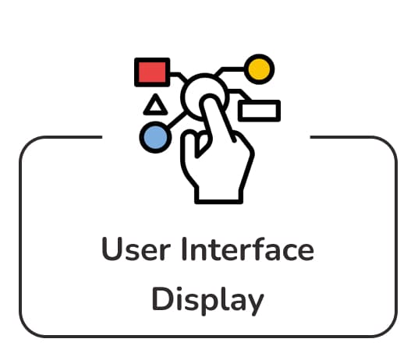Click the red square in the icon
coord(152,72)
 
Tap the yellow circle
coord(259,69)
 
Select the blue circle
coord(155,137)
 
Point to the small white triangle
coord(155,104)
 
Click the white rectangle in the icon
coord(259,111)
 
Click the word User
coord(136,249)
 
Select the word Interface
coord(248,249)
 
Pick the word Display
coord(208,300)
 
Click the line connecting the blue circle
coord(176,120)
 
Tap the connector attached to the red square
coord(178,76)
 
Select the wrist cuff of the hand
coord(219,196)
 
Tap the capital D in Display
coord(163,298)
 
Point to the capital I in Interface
coord(185,249)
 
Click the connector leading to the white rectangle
coord(240,94)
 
